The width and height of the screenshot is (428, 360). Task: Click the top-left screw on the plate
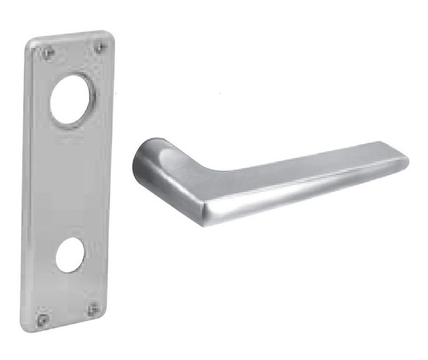point(47,52)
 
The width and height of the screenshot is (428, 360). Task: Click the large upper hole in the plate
point(72,101)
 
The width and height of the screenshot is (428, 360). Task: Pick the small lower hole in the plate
point(69,255)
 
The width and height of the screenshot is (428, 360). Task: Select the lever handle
point(267,176)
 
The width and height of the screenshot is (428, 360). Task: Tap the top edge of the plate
point(70,36)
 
